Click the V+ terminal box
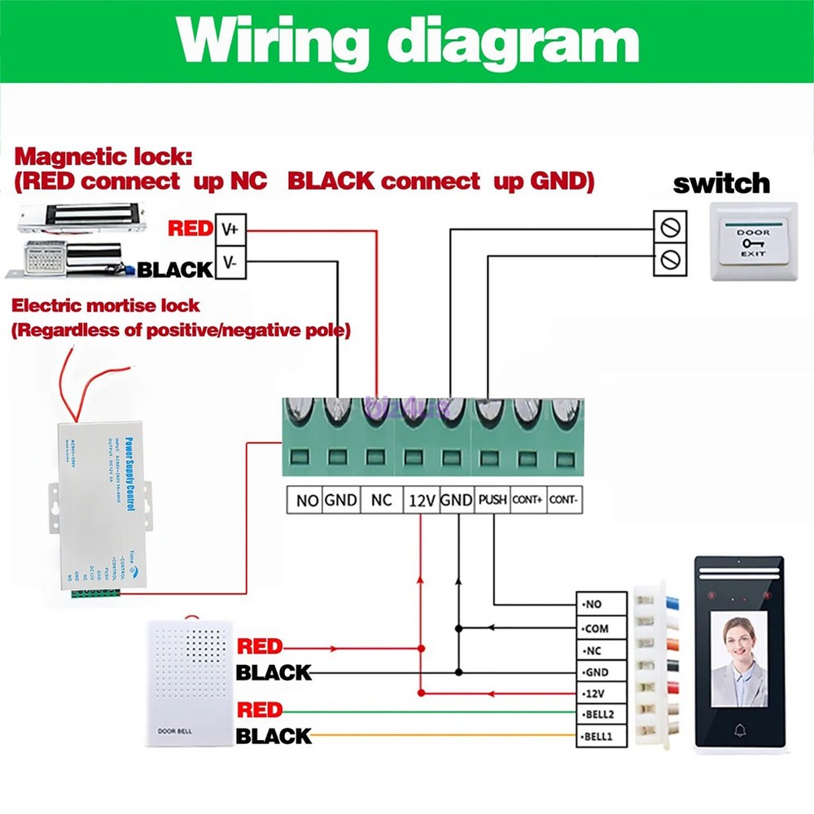pyautogui.click(x=229, y=230)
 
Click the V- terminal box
pyautogui.click(x=229, y=264)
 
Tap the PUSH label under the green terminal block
pyautogui.click(x=492, y=500)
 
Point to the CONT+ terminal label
pyautogui.click(x=527, y=500)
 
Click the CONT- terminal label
pyautogui.click(x=563, y=500)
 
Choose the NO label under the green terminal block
pyautogui.click(x=306, y=500)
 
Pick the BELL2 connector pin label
pyautogui.click(x=601, y=716)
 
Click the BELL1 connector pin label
pyautogui.click(x=601, y=737)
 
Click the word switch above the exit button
pyautogui.click(x=720, y=183)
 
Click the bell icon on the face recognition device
pyautogui.click(x=739, y=728)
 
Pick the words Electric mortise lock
pyautogui.click(x=106, y=306)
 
